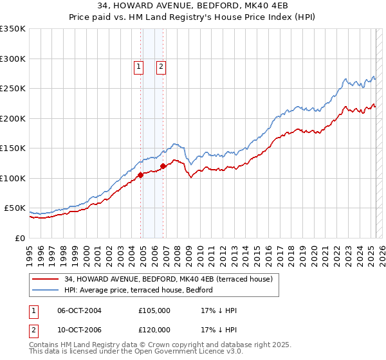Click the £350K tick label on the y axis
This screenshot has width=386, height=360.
tap(13, 29)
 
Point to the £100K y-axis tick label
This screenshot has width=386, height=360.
tap(13, 178)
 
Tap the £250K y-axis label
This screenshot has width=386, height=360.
tap(13, 89)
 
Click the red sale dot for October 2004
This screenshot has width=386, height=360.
tap(140, 174)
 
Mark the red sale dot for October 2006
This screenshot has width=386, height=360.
tap(163, 166)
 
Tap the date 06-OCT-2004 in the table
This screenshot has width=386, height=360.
tap(80, 311)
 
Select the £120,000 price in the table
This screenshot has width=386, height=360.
tap(154, 330)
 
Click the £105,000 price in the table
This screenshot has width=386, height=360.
tap(154, 311)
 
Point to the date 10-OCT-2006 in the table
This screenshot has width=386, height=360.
tap(80, 330)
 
